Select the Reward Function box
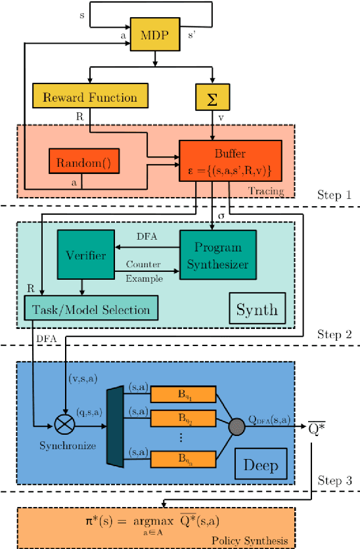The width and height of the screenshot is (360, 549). point(90,98)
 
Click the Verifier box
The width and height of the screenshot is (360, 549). point(85,255)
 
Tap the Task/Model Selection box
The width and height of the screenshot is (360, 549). point(91,309)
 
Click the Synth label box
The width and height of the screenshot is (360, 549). point(257,309)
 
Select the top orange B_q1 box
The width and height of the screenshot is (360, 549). point(183,394)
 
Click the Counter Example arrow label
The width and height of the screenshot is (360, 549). point(144,271)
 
